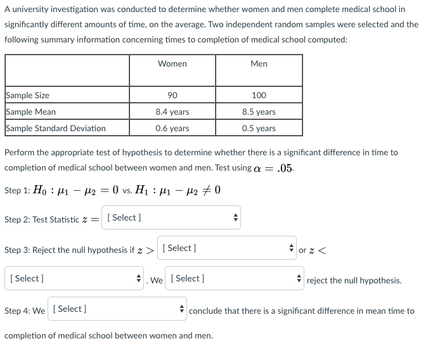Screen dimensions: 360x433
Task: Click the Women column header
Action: pyautogui.click(x=172, y=64)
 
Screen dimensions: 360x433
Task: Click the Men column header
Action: pyautogui.click(x=259, y=64)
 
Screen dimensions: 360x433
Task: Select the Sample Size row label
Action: pyautogui.click(x=28, y=95)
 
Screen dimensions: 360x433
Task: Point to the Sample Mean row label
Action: pyautogui.click(x=31, y=112)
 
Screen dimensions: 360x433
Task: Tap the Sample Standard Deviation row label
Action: pyautogui.click(x=56, y=128)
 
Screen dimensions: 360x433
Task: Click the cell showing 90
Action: pyautogui.click(x=172, y=95)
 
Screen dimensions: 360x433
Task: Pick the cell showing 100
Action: pyautogui.click(x=259, y=95)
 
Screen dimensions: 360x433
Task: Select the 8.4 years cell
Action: pyautogui.click(x=172, y=112)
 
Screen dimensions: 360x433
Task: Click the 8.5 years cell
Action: pyautogui.click(x=259, y=112)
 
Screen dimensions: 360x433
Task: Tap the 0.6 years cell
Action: pyautogui.click(x=172, y=128)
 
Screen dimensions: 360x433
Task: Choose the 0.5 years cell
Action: pyautogui.click(x=259, y=128)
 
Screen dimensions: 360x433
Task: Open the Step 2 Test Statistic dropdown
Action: pyautogui.click(x=172, y=218)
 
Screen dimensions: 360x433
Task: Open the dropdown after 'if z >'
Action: pyautogui.click(x=227, y=248)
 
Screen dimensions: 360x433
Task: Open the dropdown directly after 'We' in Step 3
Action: pyautogui.click(x=234, y=278)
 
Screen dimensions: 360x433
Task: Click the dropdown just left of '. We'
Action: pyautogui.click(x=74, y=278)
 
